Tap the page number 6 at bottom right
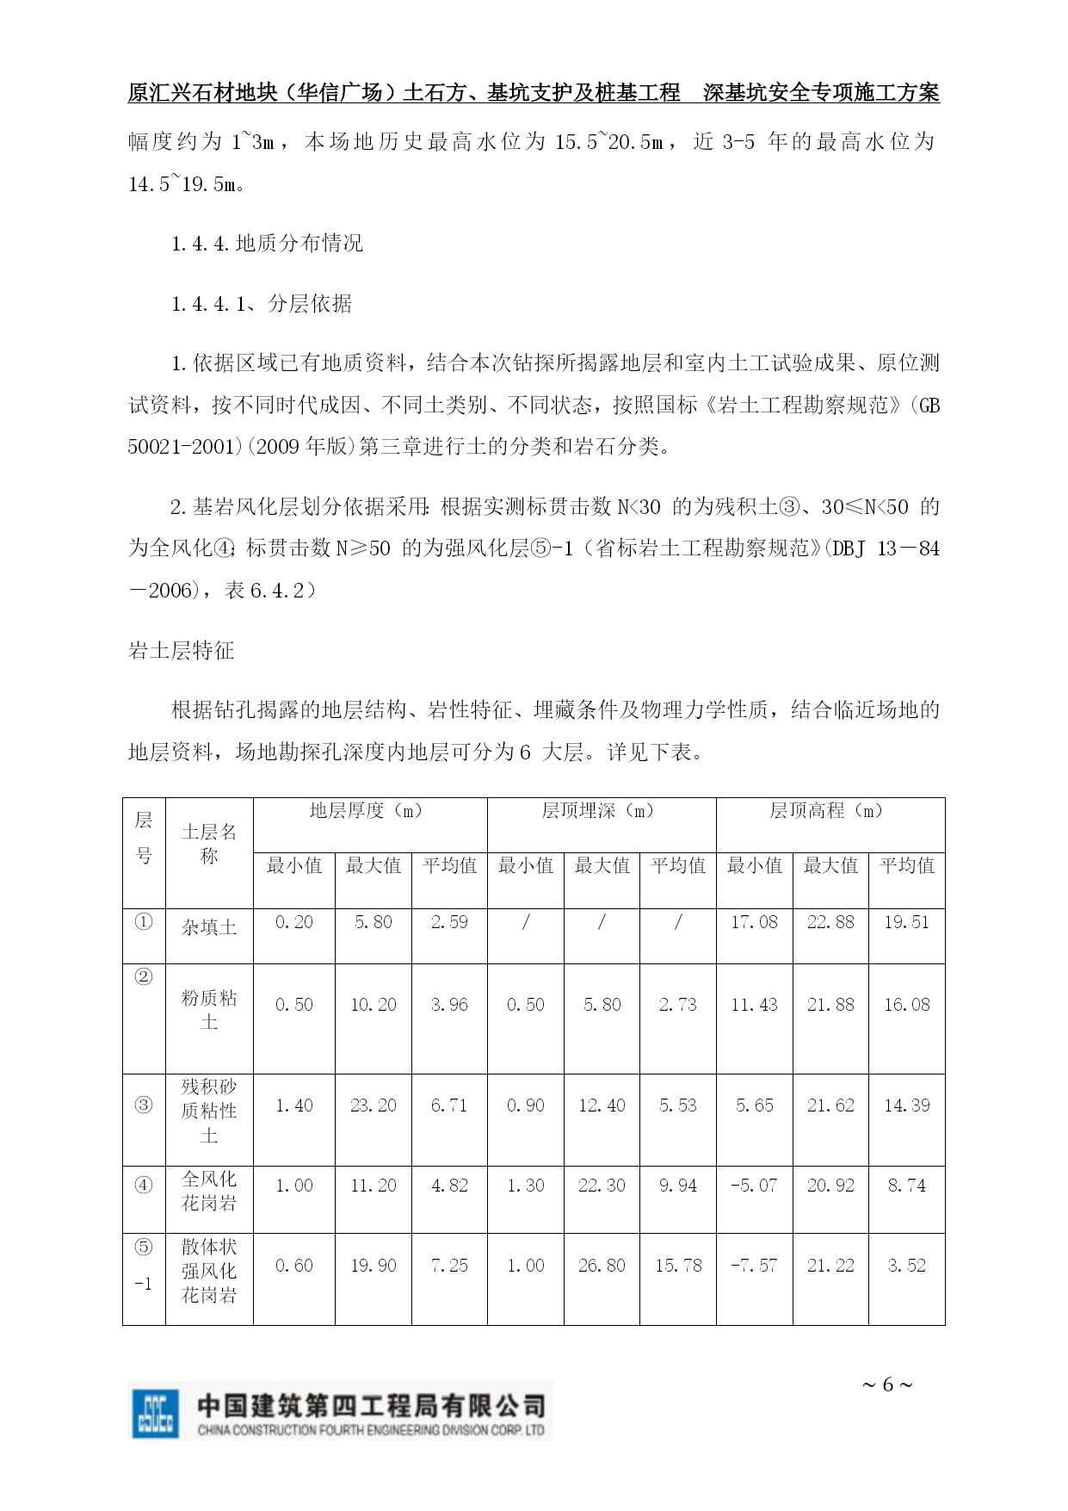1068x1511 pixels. coord(887,1384)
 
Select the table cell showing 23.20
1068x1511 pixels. coord(373,1105)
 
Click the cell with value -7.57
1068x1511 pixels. coord(754,1266)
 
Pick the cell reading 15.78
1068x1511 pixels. coord(678,1266)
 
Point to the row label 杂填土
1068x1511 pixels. coord(209,927)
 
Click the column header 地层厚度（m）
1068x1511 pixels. coord(369,811)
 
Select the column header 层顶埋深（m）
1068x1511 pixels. coord(601,811)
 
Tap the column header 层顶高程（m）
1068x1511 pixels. coord(830,811)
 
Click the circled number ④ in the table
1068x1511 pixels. coord(144,1185)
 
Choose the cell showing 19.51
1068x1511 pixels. coord(907,922)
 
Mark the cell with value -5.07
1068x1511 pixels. coord(754,1186)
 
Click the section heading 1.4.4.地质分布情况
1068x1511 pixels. coord(267,244)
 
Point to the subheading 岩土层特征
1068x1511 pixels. coord(182,651)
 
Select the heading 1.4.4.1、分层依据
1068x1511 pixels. coord(262,304)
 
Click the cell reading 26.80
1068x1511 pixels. coord(602,1266)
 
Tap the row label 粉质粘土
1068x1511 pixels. coord(209,1009)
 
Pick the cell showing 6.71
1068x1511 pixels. coord(449,1105)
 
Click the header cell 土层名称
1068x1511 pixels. coord(209,844)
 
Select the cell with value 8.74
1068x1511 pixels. coord(907,1186)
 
